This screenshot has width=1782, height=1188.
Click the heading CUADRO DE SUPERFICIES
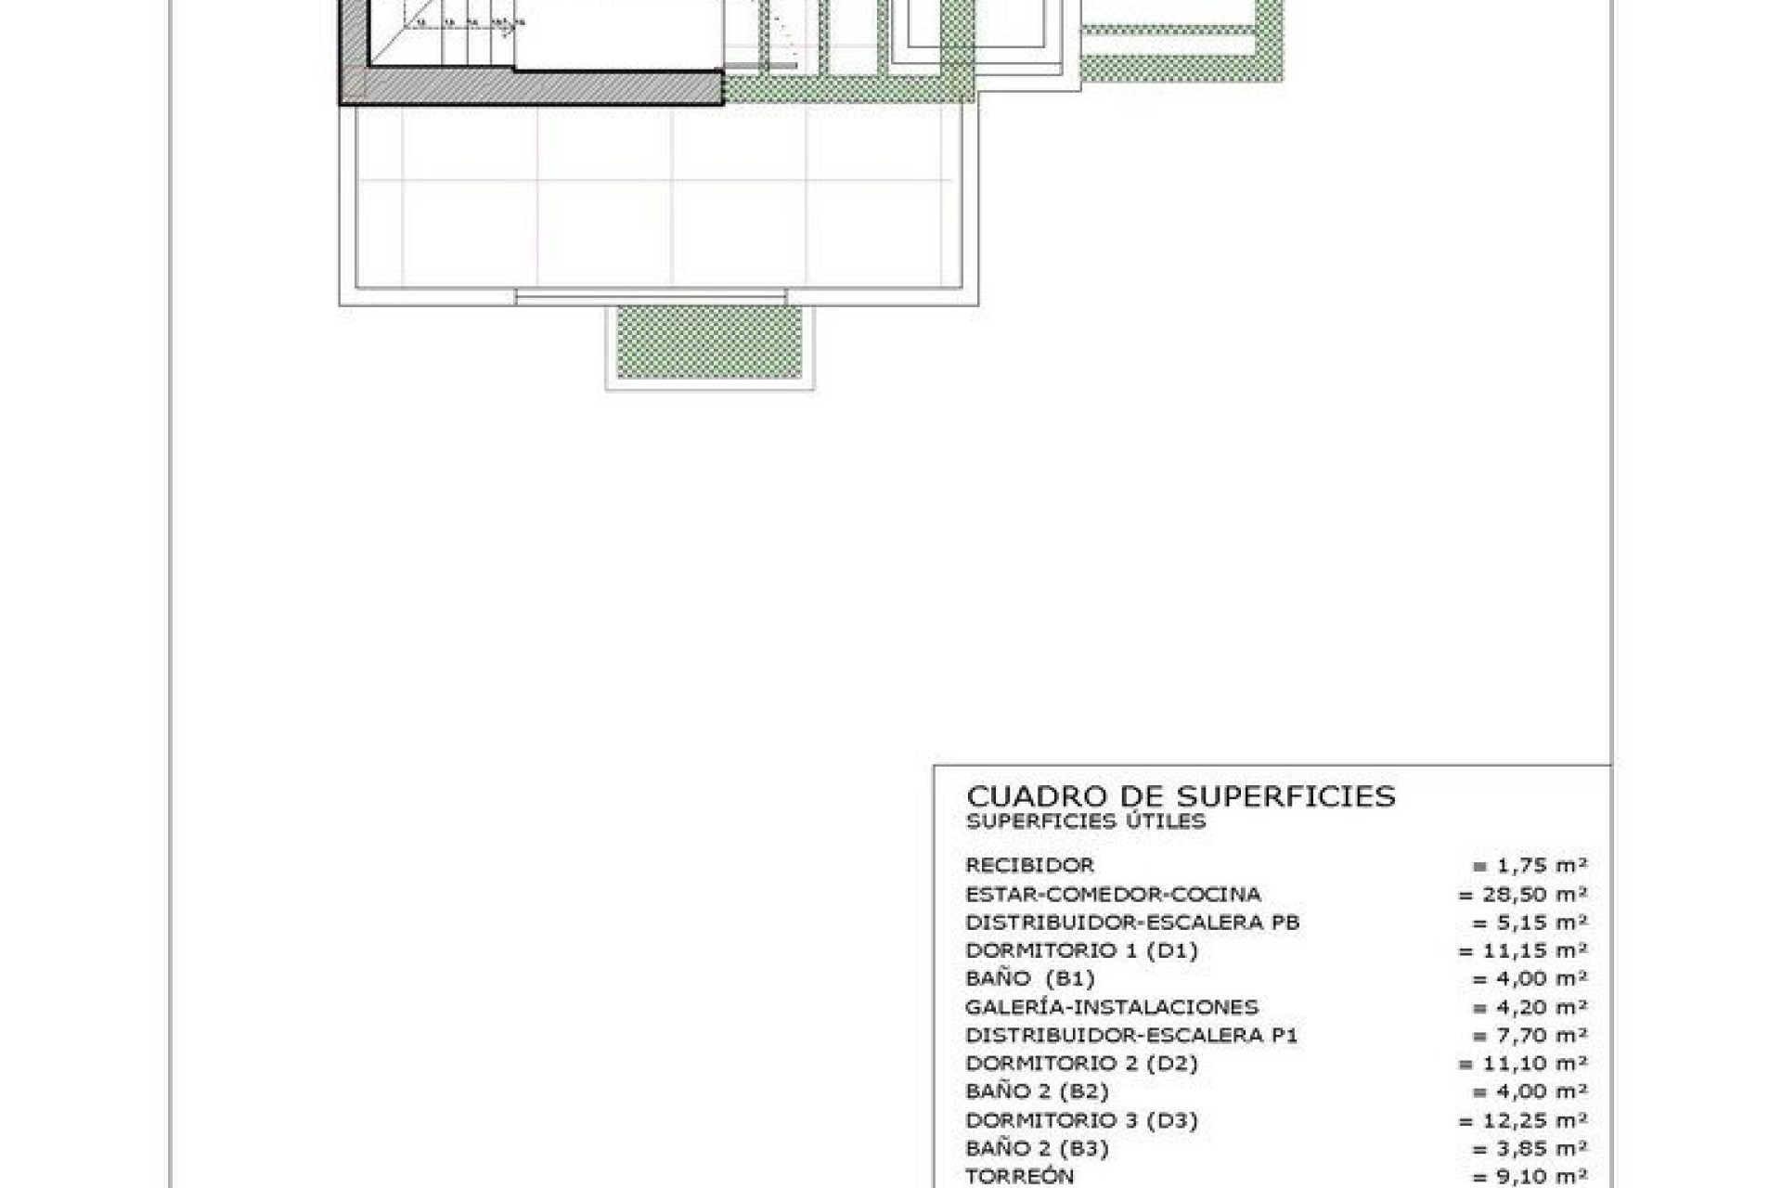(1181, 796)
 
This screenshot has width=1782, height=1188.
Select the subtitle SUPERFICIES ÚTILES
(1085, 821)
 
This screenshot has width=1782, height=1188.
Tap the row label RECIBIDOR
(1029, 865)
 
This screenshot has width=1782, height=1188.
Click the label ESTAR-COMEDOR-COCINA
(1113, 895)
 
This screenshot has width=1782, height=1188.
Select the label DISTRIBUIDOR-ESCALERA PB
(1132, 923)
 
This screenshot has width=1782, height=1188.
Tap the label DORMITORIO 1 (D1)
(1081, 950)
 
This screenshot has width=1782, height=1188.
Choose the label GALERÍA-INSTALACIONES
(1112, 1007)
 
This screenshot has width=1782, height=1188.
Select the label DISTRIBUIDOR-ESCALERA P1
(1131, 1035)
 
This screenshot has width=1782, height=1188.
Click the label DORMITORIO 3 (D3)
(1081, 1120)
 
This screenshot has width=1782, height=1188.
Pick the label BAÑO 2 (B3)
(1037, 1148)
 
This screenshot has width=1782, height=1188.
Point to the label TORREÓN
(1019, 1176)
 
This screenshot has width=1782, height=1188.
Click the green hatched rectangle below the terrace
(709, 342)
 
